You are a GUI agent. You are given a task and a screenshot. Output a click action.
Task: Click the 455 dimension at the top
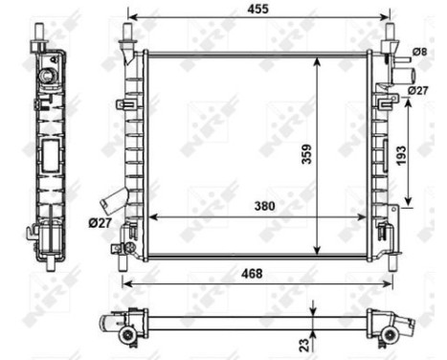[259, 9]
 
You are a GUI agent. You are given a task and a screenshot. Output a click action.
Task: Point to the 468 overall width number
[253, 274]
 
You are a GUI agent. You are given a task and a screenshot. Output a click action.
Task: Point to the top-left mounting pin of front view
[127, 36]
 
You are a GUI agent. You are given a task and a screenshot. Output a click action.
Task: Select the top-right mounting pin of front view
[390, 36]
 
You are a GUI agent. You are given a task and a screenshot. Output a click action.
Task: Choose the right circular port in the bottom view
[389, 334]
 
